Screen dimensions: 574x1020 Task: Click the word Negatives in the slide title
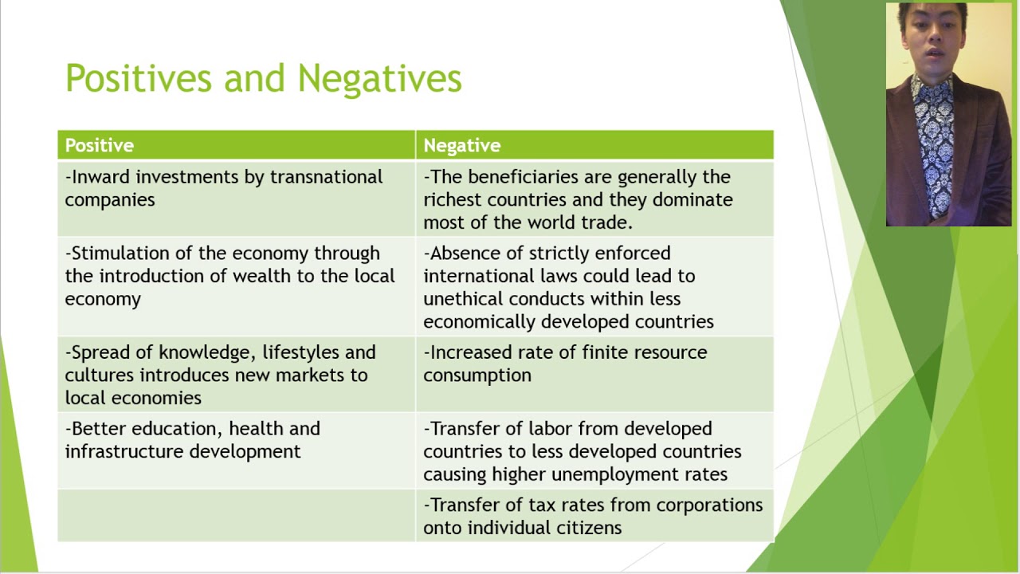coord(379,79)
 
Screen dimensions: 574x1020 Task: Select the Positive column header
coord(99,145)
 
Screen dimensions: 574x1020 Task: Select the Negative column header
coord(461,145)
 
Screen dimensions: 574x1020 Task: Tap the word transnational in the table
coord(326,177)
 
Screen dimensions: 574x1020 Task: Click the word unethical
coord(463,299)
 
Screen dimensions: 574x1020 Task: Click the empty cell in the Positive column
coord(236,516)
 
